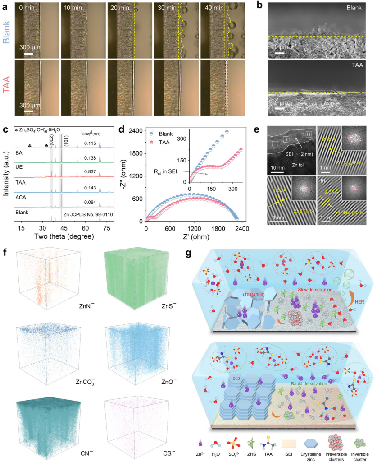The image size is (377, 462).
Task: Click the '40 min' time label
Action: tap(215, 8)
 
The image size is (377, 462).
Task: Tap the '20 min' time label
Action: tap(121, 8)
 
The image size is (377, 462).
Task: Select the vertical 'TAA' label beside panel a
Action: tap(7, 86)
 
